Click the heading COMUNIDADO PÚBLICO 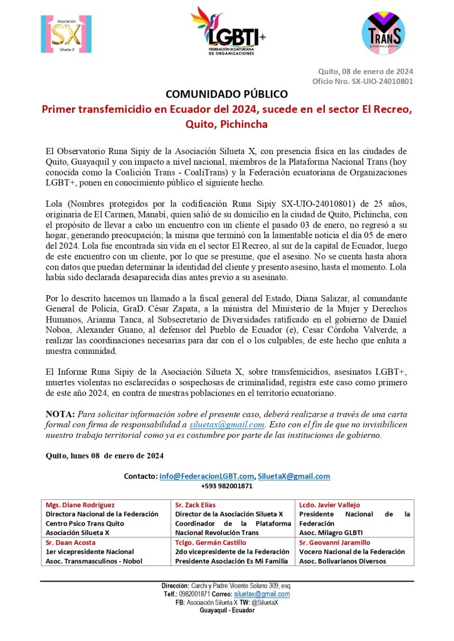[x=226, y=94]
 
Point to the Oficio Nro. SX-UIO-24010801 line [x=362, y=81]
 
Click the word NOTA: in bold [x=60, y=414]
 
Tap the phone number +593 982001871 [x=227, y=486]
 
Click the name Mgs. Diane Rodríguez [x=80, y=505]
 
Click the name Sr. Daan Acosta [x=71, y=543]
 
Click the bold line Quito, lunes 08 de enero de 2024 [x=105, y=456]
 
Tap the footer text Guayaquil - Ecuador [x=227, y=610]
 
